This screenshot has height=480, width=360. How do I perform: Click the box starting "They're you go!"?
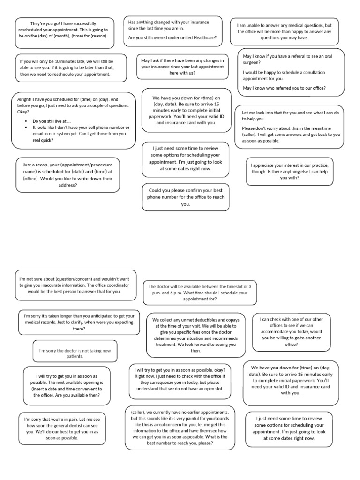click(x=65, y=33)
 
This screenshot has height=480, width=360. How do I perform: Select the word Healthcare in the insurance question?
click(x=204, y=37)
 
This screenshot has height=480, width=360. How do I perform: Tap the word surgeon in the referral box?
click(x=254, y=62)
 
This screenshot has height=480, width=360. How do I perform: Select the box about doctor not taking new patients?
click(x=75, y=353)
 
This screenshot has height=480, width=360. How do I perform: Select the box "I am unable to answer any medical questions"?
click(x=284, y=32)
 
